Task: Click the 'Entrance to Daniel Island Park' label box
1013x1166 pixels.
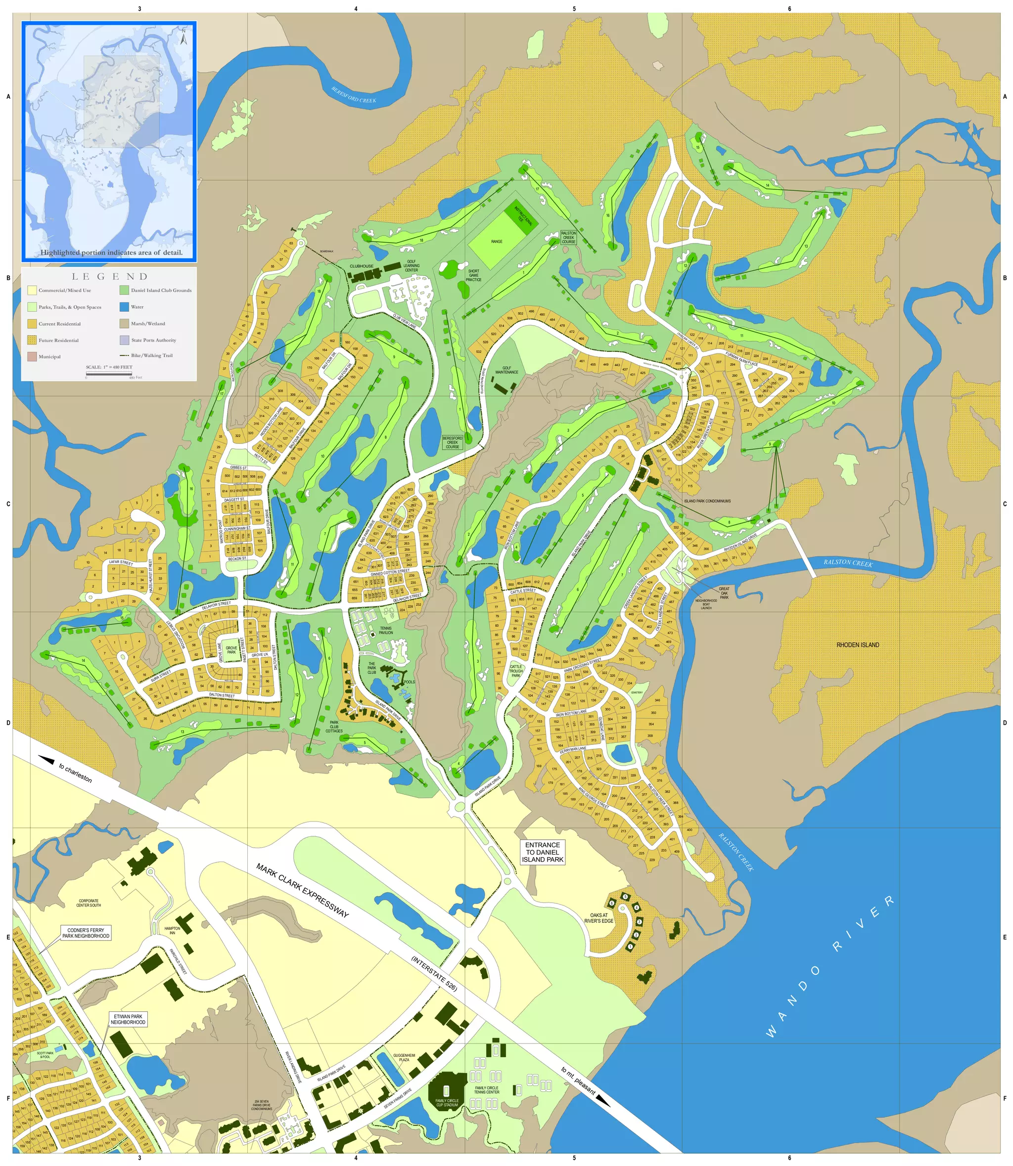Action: coord(542,853)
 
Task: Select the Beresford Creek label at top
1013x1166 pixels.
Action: coord(353,94)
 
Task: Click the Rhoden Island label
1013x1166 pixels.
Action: coord(858,645)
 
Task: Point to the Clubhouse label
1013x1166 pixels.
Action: coord(361,266)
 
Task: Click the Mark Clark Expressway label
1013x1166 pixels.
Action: coord(302,891)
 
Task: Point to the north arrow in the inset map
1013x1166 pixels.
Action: coord(183,39)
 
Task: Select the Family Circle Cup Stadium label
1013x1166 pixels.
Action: coord(447,1103)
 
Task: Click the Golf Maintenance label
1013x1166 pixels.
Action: coord(506,370)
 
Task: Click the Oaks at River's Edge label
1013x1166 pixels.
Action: coord(599,918)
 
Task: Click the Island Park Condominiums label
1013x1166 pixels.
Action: coord(707,501)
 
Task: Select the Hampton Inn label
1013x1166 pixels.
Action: coord(173,930)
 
